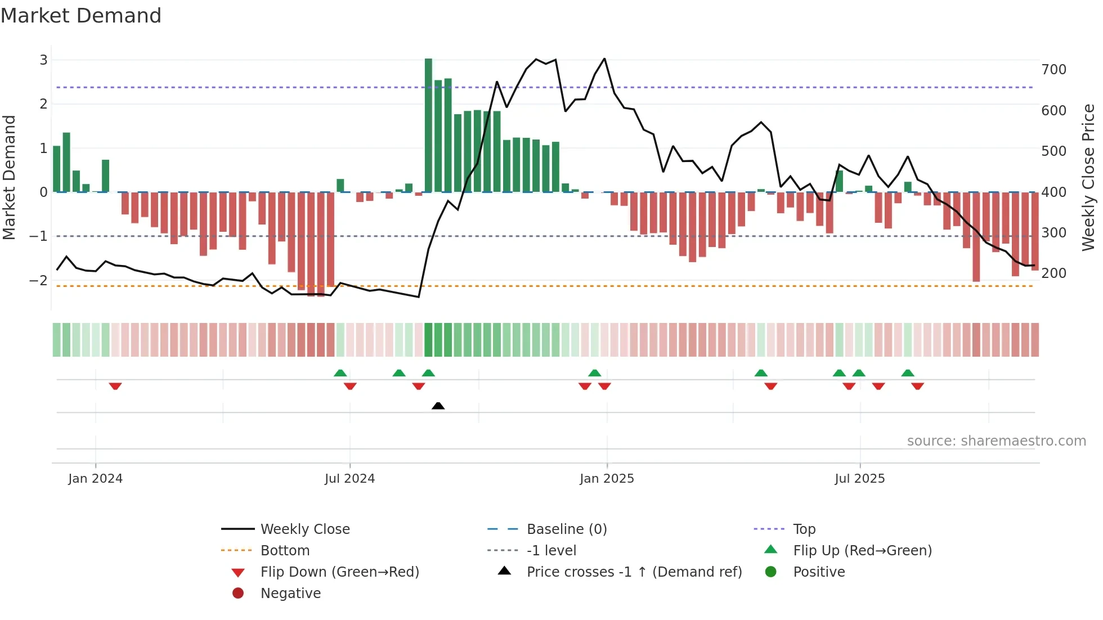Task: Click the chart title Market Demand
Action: tap(81, 16)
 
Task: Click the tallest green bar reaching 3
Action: tap(428, 125)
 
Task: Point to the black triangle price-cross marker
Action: tap(438, 406)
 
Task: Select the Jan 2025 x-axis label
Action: tap(607, 479)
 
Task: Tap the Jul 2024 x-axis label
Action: tap(349, 479)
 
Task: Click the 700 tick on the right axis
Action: tap(1053, 70)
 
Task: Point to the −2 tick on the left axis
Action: tap(38, 280)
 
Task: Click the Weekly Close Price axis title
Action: tap(1088, 177)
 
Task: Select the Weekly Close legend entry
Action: tap(304, 529)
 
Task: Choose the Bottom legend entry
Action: tap(285, 551)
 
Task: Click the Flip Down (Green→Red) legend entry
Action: tap(339, 572)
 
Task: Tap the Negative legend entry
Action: tap(290, 594)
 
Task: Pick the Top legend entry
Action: tap(804, 529)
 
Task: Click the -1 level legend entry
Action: tap(551, 551)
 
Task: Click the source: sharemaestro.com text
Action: tap(996, 441)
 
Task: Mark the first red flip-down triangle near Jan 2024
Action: tap(115, 386)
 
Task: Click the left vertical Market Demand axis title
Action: tap(9, 177)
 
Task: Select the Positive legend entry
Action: tap(819, 572)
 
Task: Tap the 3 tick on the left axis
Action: tap(43, 60)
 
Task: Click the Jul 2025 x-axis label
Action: tap(859, 479)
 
